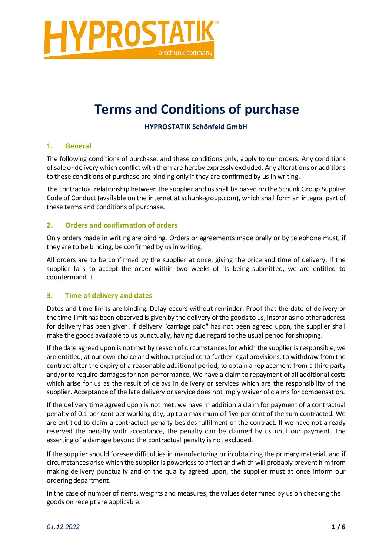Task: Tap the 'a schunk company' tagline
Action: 185,53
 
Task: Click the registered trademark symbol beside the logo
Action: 217,23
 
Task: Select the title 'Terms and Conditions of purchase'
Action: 196,109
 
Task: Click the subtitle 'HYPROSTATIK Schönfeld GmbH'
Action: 196,127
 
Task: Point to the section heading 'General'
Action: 78,146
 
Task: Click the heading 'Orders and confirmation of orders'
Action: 121,225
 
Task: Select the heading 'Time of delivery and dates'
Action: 108,296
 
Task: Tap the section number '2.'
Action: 50,225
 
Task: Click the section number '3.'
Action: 50,296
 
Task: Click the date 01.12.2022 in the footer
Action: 63,527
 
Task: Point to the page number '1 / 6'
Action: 338,527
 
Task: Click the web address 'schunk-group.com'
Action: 209,198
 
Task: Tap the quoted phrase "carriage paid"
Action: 187,326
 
